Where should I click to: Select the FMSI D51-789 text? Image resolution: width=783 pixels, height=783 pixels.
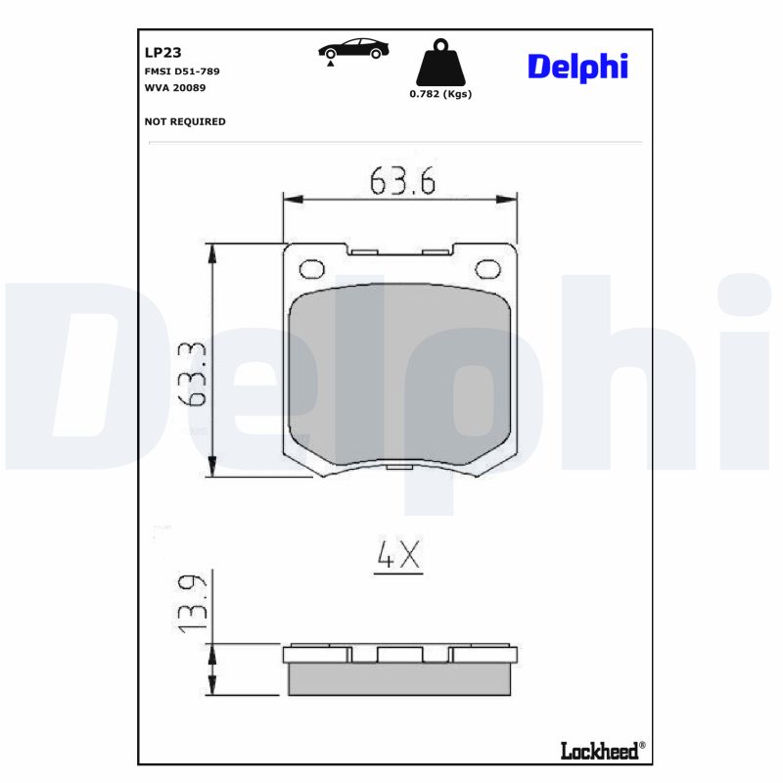182,71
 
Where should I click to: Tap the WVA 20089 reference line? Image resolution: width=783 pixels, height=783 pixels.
176,88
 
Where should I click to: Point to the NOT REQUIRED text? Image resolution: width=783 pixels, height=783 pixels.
185,121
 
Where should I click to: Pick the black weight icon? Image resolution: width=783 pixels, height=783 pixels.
439,62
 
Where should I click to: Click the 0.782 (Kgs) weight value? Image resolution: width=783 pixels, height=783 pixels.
439,94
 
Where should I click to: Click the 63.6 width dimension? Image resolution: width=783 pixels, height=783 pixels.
401,180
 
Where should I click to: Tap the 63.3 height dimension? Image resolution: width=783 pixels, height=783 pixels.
192,374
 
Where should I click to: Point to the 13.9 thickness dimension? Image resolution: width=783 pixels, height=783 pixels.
192,603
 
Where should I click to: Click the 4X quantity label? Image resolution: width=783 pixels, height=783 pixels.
398,556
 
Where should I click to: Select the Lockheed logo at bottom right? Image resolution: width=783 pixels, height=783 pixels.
601,750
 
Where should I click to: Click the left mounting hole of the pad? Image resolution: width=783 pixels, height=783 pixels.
312,269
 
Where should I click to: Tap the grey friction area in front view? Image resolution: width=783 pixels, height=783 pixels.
400,372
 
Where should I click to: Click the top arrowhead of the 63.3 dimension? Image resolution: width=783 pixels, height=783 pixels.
211,251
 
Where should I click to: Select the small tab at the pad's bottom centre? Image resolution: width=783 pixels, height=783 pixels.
399,465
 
